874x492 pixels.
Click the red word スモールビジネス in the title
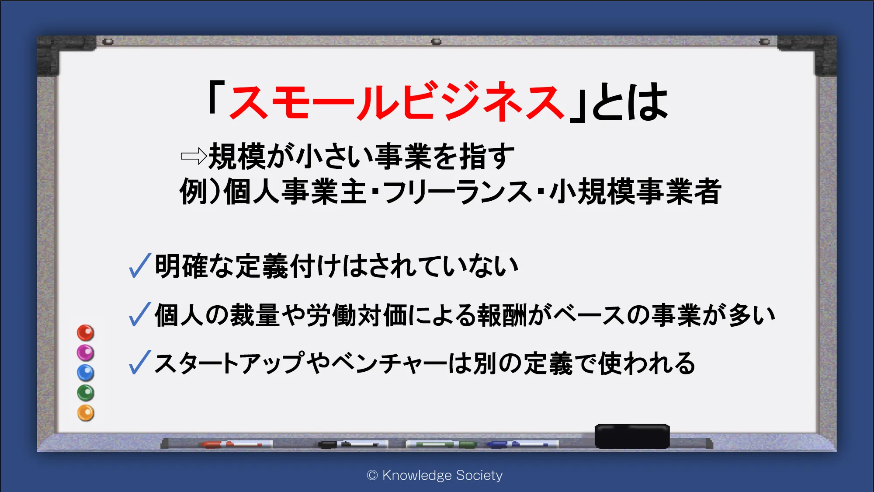(397, 101)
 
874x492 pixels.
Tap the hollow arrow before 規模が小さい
(194, 156)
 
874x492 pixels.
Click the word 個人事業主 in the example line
(295, 192)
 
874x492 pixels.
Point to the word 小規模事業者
(635, 192)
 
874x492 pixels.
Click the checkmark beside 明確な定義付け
(140, 265)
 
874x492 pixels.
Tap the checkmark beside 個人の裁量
(140, 314)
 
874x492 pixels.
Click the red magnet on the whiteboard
(86, 333)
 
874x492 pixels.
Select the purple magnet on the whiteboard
(86, 352)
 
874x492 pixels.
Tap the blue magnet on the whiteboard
(86, 373)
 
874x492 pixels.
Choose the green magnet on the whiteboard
(86, 393)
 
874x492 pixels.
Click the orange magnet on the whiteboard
(86, 413)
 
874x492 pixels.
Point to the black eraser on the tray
(632, 436)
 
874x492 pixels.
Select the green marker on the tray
(441, 444)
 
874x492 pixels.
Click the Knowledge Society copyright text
(435, 475)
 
